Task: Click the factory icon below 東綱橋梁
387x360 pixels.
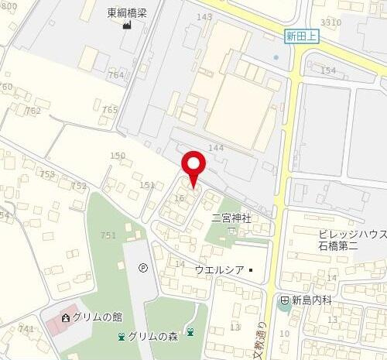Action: coord(125,25)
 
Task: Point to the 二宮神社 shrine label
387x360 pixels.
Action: coord(231,219)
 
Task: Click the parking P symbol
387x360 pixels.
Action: coord(142,268)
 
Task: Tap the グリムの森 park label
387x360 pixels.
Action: coord(154,336)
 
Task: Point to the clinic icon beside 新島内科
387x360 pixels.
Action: coord(285,300)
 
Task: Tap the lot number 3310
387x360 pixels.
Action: coord(330,22)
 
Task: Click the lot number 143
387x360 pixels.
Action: coord(204,16)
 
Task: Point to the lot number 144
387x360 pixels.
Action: coord(215,147)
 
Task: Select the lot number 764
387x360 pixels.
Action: coord(115,74)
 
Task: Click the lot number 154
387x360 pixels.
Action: coord(328,70)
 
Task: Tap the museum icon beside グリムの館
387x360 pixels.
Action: coord(65,317)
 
